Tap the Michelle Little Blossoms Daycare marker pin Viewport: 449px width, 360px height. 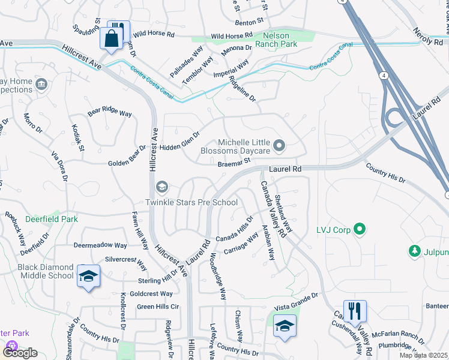point(279,145)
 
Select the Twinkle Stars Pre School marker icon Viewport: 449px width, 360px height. point(161,188)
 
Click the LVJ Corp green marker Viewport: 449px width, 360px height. point(360,229)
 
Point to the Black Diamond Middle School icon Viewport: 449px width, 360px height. point(88,276)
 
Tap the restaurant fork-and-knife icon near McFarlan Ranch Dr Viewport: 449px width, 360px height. point(355,311)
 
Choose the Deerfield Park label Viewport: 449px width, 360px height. point(52,219)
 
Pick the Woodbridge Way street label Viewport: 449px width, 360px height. point(218,275)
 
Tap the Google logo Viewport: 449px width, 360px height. point(20,352)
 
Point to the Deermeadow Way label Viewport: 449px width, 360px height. point(100,245)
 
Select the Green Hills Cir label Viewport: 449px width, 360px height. point(158,306)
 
